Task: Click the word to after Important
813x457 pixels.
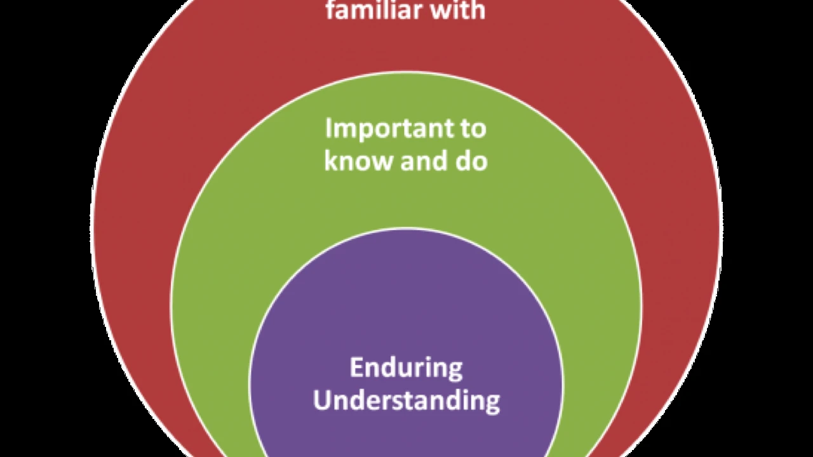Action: pos(474,129)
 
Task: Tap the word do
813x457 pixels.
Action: pos(473,161)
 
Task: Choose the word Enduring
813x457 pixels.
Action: pos(406,369)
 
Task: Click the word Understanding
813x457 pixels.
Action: pos(406,401)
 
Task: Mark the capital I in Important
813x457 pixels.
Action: pos(328,128)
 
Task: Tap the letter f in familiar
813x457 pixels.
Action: pos(330,10)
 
